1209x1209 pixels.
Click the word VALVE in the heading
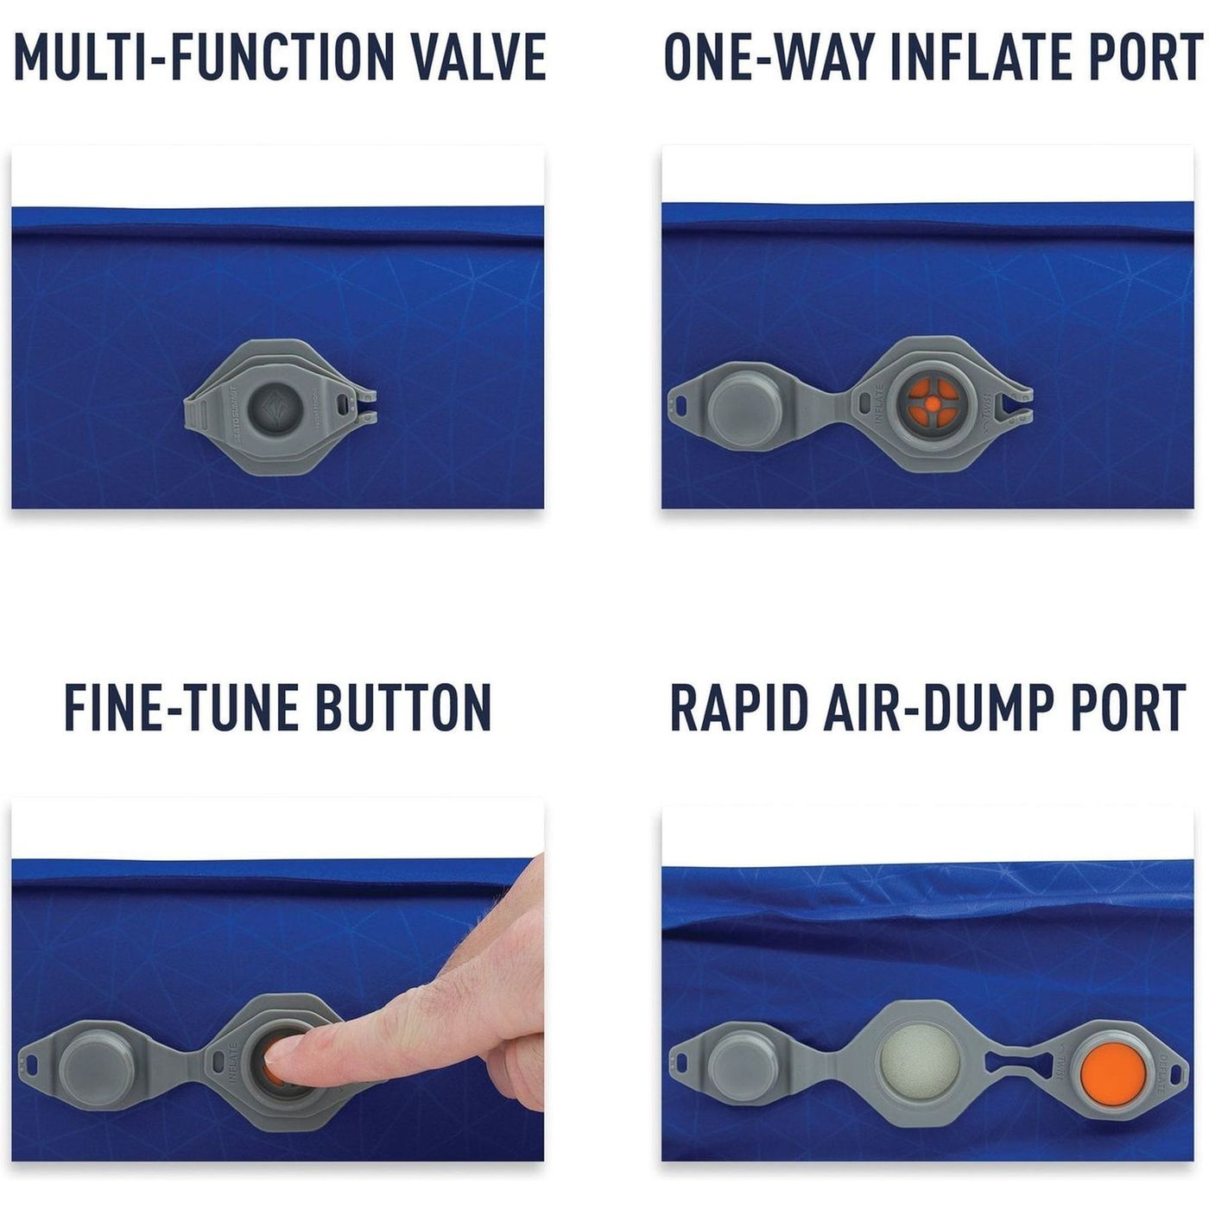point(478,57)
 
